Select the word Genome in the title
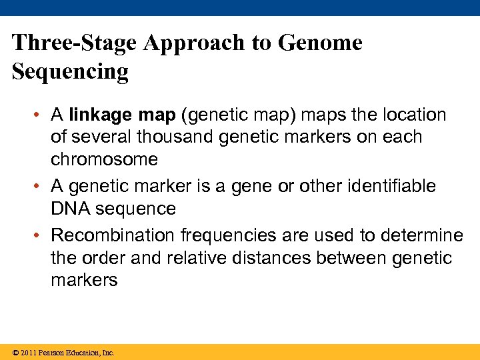320,43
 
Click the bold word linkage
101,115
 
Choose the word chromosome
104,159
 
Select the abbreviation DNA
70,208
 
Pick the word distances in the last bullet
279,257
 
